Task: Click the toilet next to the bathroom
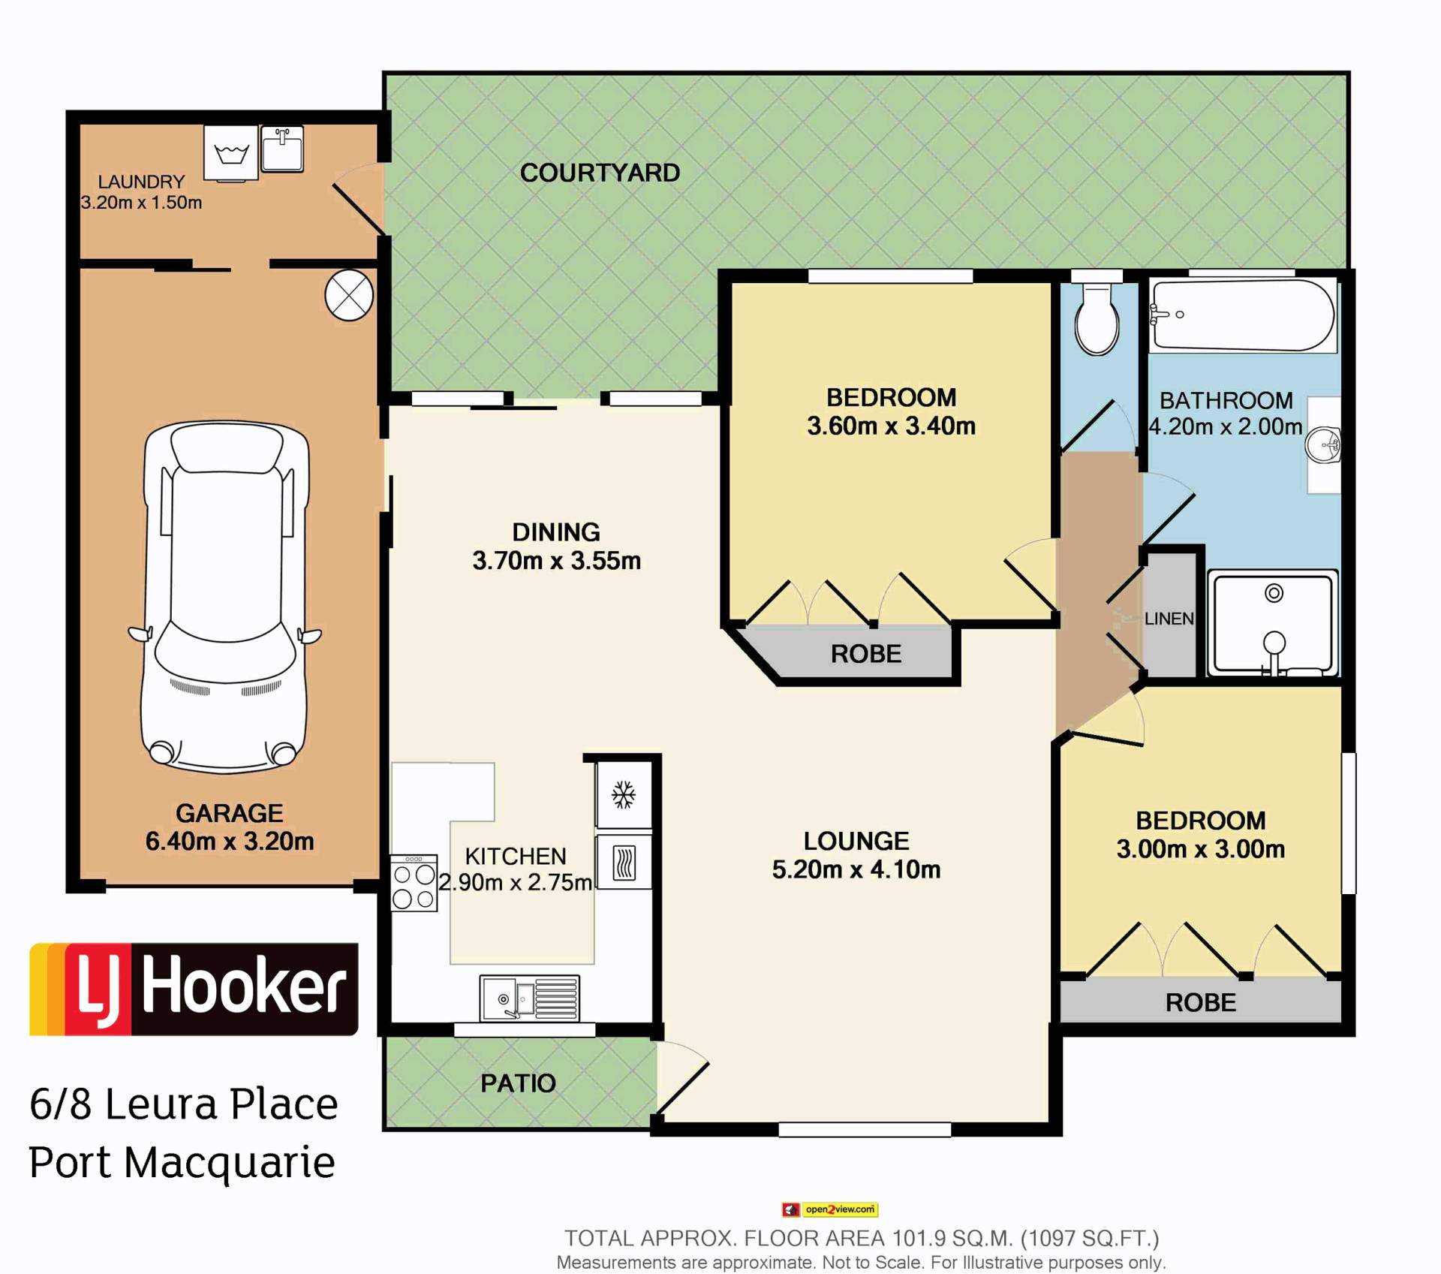(1097, 320)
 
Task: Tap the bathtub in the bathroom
(1244, 315)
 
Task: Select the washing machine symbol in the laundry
(231, 152)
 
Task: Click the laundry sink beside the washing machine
(282, 149)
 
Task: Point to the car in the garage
(225, 597)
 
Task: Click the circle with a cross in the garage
(349, 296)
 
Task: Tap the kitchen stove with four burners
(414, 883)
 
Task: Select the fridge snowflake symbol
(623, 794)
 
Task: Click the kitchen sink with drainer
(530, 998)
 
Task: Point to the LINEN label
(1169, 619)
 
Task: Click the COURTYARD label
(600, 173)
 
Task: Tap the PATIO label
(518, 1083)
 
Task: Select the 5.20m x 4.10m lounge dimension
(856, 869)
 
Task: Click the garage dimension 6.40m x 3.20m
(230, 842)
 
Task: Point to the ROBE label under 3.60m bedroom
(866, 654)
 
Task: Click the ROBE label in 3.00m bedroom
(1201, 1002)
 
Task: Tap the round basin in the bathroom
(1323, 445)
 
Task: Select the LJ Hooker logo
(194, 989)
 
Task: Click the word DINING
(556, 532)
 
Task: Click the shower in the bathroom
(1274, 623)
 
